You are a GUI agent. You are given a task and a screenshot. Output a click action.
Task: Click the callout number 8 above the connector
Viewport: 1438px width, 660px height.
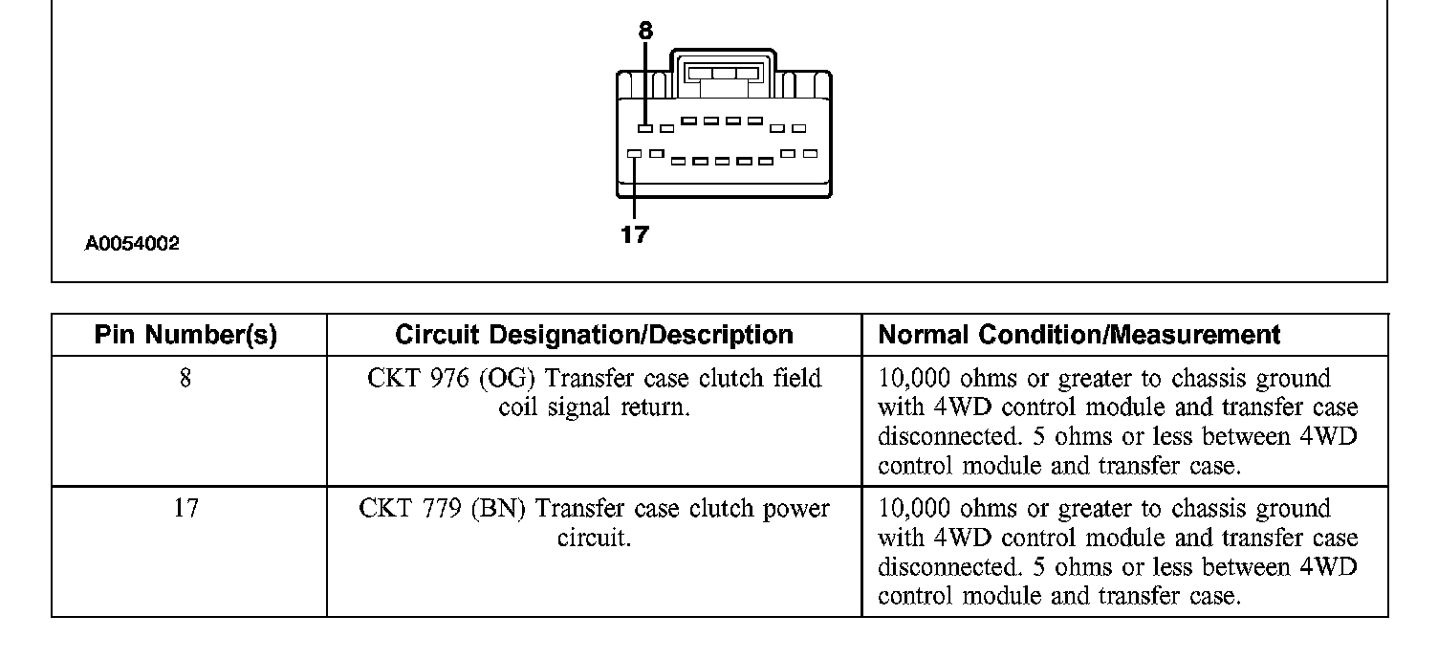tap(645, 32)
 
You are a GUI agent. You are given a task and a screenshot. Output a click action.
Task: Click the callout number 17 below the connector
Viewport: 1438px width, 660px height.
tap(634, 234)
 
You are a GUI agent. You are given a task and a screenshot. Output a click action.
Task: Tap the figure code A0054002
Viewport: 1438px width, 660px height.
tap(132, 244)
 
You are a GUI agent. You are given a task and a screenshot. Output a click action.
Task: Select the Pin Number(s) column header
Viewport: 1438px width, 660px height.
tap(186, 336)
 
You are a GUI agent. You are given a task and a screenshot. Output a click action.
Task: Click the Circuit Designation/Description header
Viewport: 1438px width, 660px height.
tap(594, 336)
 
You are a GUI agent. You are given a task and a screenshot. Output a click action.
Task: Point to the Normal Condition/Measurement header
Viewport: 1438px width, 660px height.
tap(1078, 336)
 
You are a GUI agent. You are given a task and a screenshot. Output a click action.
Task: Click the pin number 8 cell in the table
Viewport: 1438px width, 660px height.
tap(185, 379)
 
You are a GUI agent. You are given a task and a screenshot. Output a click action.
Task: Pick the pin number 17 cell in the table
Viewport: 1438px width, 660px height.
tap(185, 508)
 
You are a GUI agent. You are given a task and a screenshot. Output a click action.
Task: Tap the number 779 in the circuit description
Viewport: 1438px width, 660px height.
tap(435, 508)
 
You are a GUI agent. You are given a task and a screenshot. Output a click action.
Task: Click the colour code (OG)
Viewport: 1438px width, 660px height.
tap(502, 379)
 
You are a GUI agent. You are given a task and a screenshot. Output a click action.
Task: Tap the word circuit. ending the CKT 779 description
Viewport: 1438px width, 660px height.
tap(594, 538)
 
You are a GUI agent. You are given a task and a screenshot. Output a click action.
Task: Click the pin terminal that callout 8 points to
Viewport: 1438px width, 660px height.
tap(645, 128)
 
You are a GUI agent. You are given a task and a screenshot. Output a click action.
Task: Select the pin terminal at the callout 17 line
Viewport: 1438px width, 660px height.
tap(634, 153)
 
